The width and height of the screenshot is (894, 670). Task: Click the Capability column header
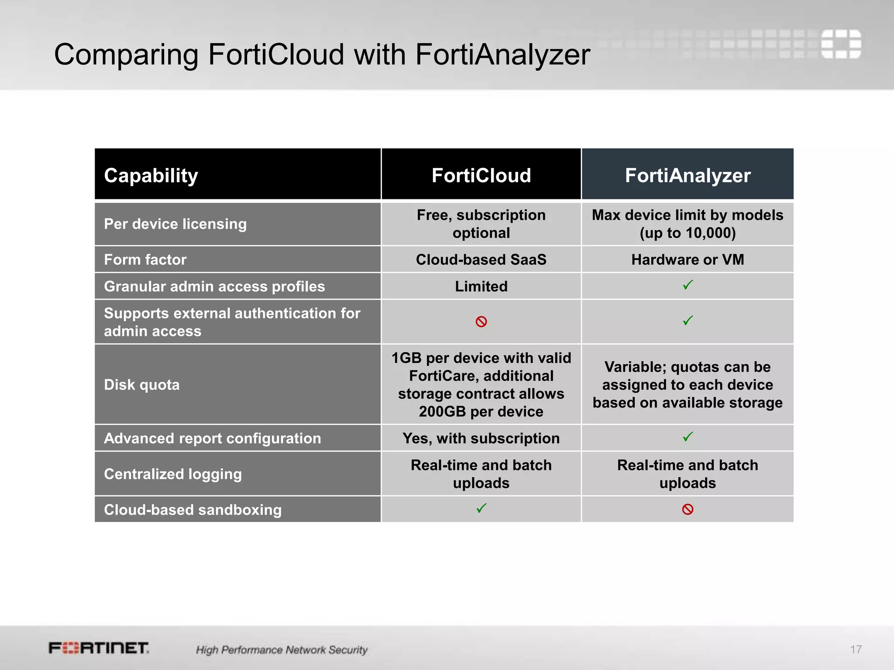tap(151, 175)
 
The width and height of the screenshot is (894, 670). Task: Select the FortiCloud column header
tap(481, 175)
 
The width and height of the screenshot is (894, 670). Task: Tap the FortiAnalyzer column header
tap(688, 175)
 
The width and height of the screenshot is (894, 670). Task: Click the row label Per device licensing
tap(175, 224)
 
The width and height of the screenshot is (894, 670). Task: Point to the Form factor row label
tap(145, 260)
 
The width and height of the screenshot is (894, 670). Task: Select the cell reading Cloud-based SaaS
tap(481, 260)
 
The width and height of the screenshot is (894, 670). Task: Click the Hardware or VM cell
tap(688, 260)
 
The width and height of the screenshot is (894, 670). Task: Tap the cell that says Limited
tap(481, 286)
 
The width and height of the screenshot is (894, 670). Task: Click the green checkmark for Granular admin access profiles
tap(688, 285)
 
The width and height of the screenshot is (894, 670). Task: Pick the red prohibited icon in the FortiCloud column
tap(481, 322)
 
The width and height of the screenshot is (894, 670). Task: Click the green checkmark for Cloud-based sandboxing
tap(481, 508)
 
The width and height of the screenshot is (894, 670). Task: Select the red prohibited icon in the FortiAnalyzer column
tap(688, 509)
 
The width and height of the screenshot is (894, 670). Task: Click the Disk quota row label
tap(141, 385)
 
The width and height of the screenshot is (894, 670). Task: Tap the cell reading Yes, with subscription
tap(481, 438)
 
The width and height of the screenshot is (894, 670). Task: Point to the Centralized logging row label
tap(172, 474)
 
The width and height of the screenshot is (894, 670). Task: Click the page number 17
tap(856, 649)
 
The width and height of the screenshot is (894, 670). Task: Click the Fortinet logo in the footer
tap(99, 648)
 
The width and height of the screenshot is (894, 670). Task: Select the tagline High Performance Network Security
tap(282, 650)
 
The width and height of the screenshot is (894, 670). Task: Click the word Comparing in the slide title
tap(126, 55)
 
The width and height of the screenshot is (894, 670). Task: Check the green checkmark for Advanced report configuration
tap(688, 437)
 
